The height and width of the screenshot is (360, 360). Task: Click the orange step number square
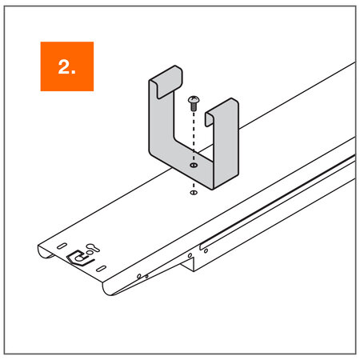tap(67, 66)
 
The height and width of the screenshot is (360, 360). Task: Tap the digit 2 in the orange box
tap(63, 66)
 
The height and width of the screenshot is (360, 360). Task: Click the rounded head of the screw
tap(194, 100)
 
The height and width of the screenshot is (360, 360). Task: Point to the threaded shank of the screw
tap(194, 107)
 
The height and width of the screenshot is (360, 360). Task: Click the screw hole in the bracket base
tap(194, 166)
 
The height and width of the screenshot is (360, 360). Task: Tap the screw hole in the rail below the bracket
tap(194, 192)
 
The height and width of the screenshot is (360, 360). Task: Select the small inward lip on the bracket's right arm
tap(209, 119)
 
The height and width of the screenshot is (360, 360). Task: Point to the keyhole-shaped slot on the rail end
tap(93, 247)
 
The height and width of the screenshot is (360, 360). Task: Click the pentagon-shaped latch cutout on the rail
tap(80, 258)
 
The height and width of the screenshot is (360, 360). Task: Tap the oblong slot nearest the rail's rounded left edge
tap(62, 246)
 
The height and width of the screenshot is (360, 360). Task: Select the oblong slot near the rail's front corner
tap(102, 269)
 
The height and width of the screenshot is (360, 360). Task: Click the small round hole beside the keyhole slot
tap(89, 252)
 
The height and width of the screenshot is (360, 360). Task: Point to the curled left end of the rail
tap(46, 251)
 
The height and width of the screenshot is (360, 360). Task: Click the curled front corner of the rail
tap(108, 288)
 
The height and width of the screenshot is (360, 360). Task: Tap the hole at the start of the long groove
tap(206, 250)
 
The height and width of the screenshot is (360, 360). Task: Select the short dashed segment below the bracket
tap(194, 186)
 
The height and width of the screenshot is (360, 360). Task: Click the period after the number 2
tap(74, 72)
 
